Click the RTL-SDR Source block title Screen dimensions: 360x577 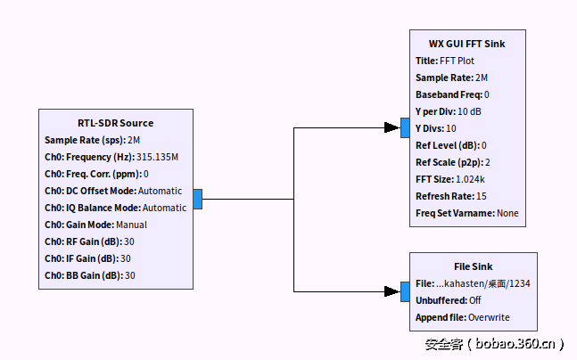(116, 123)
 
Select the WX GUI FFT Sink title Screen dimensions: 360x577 (466, 44)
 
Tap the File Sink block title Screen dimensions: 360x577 (473, 266)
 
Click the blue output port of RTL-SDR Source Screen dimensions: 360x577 (197, 200)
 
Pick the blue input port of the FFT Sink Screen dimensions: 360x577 (404, 128)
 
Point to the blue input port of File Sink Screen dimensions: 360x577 (404, 290)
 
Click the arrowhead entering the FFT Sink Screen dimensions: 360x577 (392, 128)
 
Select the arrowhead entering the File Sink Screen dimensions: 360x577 (392, 290)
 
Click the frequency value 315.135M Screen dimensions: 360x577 (157, 157)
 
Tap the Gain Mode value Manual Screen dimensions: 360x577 (131, 225)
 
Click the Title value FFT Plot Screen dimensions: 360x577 (457, 61)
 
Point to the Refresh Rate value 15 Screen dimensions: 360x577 (482, 196)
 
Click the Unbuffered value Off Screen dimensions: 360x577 (474, 300)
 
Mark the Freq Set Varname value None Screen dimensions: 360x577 (507, 213)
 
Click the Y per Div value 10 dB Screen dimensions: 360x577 (469, 111)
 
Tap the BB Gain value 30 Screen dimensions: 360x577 (129, 275)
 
